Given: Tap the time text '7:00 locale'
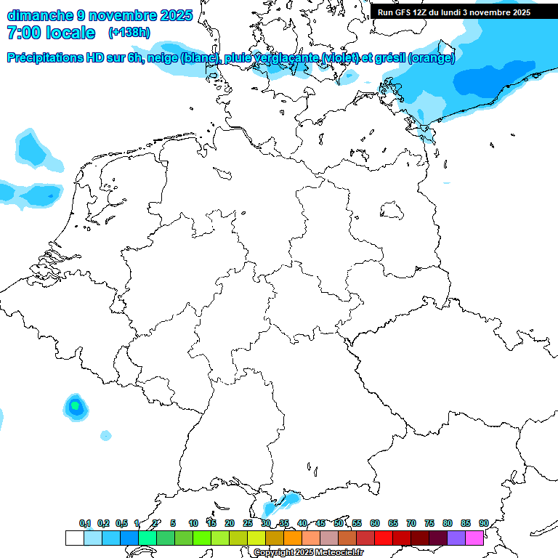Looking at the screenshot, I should pos(51,33).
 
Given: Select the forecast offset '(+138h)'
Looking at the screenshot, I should pos(129,33).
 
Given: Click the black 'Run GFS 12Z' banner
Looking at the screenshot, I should pos(454,12).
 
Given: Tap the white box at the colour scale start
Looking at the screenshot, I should pos(74,538).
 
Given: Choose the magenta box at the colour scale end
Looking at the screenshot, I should pos(474,538).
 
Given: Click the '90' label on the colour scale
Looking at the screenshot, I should pos(483,523).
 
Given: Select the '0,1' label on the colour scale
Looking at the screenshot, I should pos(84,523).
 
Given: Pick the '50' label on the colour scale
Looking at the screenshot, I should pos(339,523).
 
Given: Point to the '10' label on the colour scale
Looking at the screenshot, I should pos(193,523).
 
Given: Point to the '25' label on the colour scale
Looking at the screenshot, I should pos(248,523).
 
